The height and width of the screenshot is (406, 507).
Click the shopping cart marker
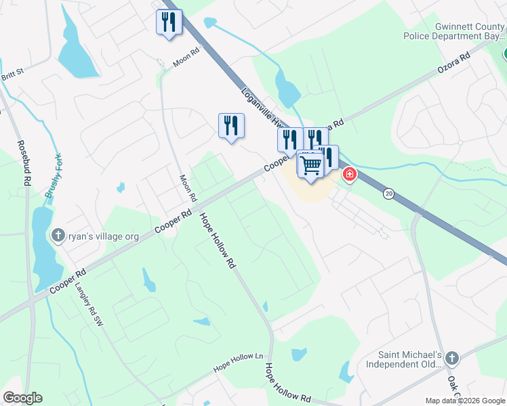point(311,166)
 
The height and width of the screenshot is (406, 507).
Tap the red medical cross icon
point(350,175)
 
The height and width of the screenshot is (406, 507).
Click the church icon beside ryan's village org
point(58,235)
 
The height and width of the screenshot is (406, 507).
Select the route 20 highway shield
point(388,194)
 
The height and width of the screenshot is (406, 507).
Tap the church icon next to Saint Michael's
point(452,358)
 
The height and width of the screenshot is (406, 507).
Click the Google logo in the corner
point(22,398)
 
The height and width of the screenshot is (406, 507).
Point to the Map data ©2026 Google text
point(466,401)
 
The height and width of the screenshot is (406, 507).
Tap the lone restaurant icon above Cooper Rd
point(231,126)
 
